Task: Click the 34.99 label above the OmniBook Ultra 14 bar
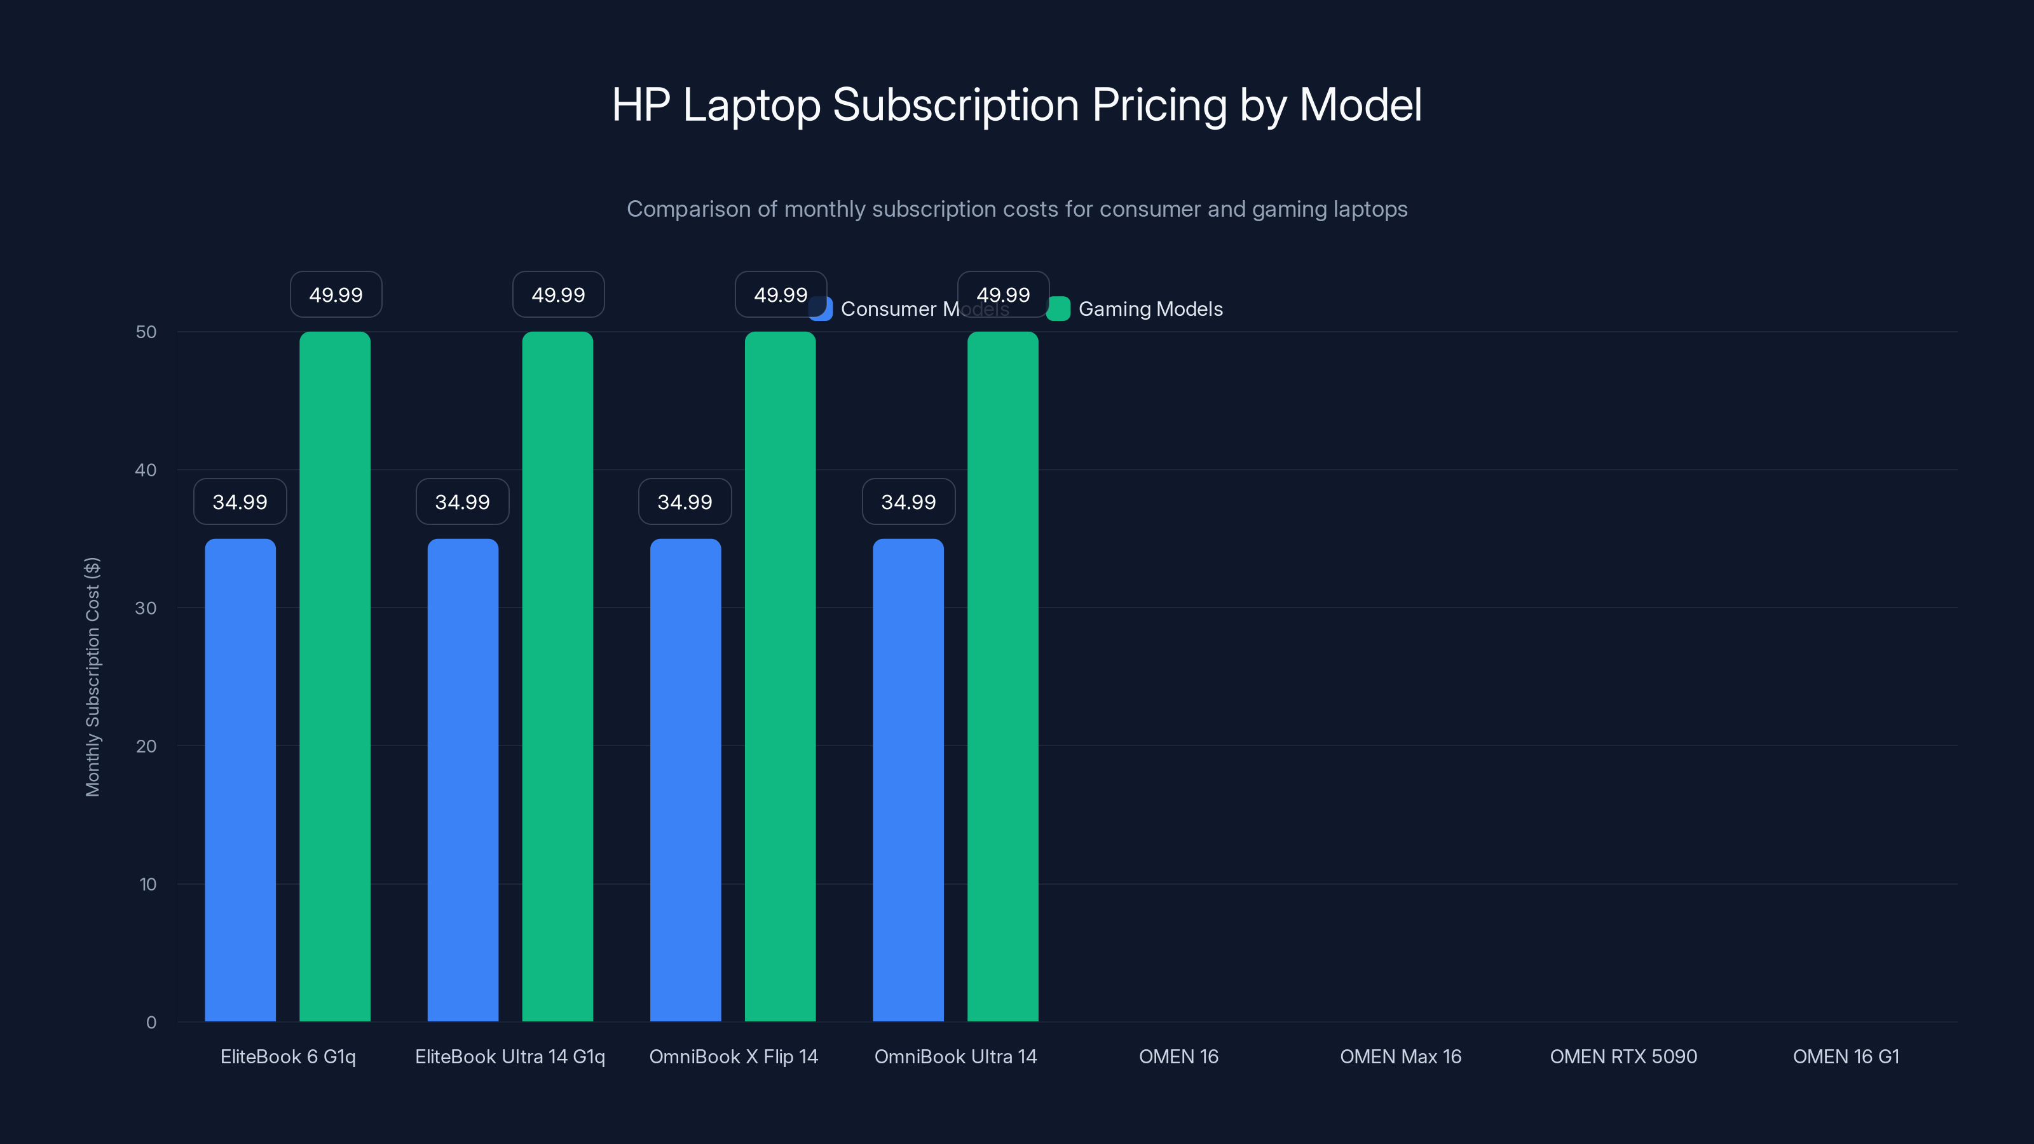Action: [908, 502]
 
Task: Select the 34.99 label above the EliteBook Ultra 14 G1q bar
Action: [463, 502]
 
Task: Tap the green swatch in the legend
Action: [1059, 309]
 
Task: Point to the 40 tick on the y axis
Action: [146, 470]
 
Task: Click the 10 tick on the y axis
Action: [147, 884]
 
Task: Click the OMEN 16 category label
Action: [1178, 1056]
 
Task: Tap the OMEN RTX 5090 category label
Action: [1623, 1056]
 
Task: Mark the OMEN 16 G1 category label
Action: [1845, 1056]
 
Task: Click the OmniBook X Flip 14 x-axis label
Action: [734, 1056]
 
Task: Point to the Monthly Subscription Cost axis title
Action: [92, 677]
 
